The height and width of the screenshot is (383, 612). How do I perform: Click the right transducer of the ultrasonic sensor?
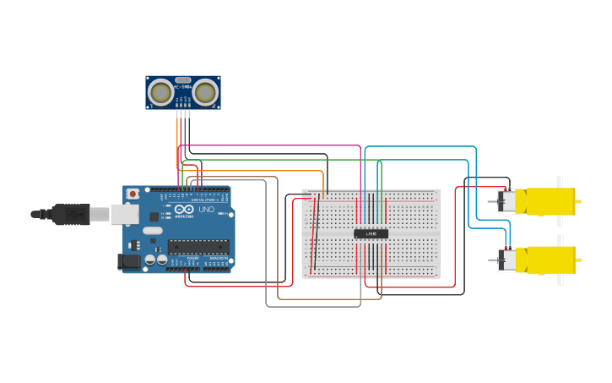(x=205, y=91)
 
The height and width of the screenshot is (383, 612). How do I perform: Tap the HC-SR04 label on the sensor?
(x=182, y=86)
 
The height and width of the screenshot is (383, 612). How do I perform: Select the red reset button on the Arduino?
(x=133, y=194)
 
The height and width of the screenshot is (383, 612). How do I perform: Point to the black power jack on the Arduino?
(x=128, y=262)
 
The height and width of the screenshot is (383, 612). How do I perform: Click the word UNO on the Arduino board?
(x=206, y=209)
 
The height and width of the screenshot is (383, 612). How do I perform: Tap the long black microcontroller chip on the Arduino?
(x=198, y=246)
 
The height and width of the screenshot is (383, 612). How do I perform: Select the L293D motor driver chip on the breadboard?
(x=371, y=233)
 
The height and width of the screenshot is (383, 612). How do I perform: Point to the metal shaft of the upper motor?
(x=491, y=201)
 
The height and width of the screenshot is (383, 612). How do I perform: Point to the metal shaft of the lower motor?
(x=491, y=260)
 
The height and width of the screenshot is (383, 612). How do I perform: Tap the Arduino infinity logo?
(x=185, y=209)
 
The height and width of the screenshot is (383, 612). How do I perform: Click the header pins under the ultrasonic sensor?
(x=182, y=112)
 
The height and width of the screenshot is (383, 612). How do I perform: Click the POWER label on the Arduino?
(x=192, y=258)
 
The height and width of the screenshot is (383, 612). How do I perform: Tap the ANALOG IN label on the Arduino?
(x=217, y=258)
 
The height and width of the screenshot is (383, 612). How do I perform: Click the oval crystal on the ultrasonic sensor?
(x=182, y=79)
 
